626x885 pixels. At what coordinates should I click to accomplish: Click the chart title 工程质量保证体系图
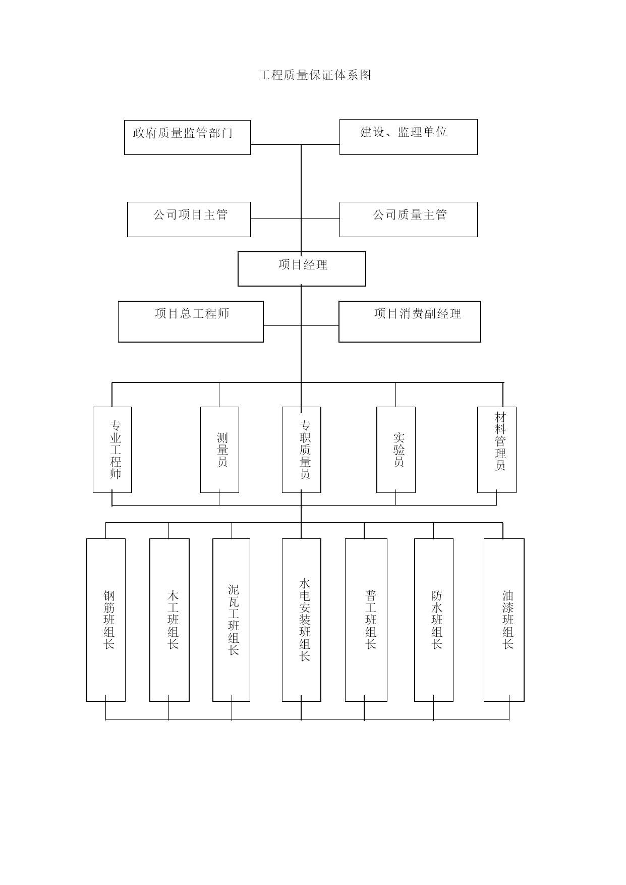pos(315,75)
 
